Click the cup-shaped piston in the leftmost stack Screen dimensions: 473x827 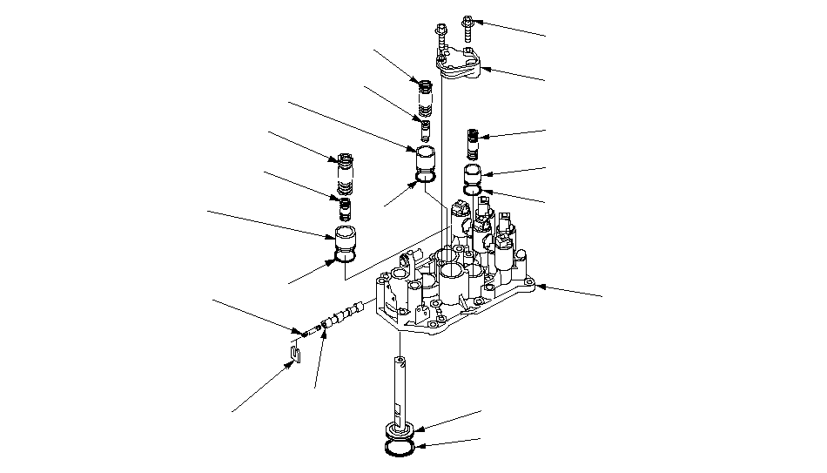346,239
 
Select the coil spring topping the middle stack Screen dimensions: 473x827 426,97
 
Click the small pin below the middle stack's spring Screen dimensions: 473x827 426,130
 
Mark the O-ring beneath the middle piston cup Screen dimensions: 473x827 426,179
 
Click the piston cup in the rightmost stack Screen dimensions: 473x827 474,172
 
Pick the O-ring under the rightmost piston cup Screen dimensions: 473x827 474,189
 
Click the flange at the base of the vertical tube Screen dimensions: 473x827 401,431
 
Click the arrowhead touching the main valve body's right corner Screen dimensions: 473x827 541,285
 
